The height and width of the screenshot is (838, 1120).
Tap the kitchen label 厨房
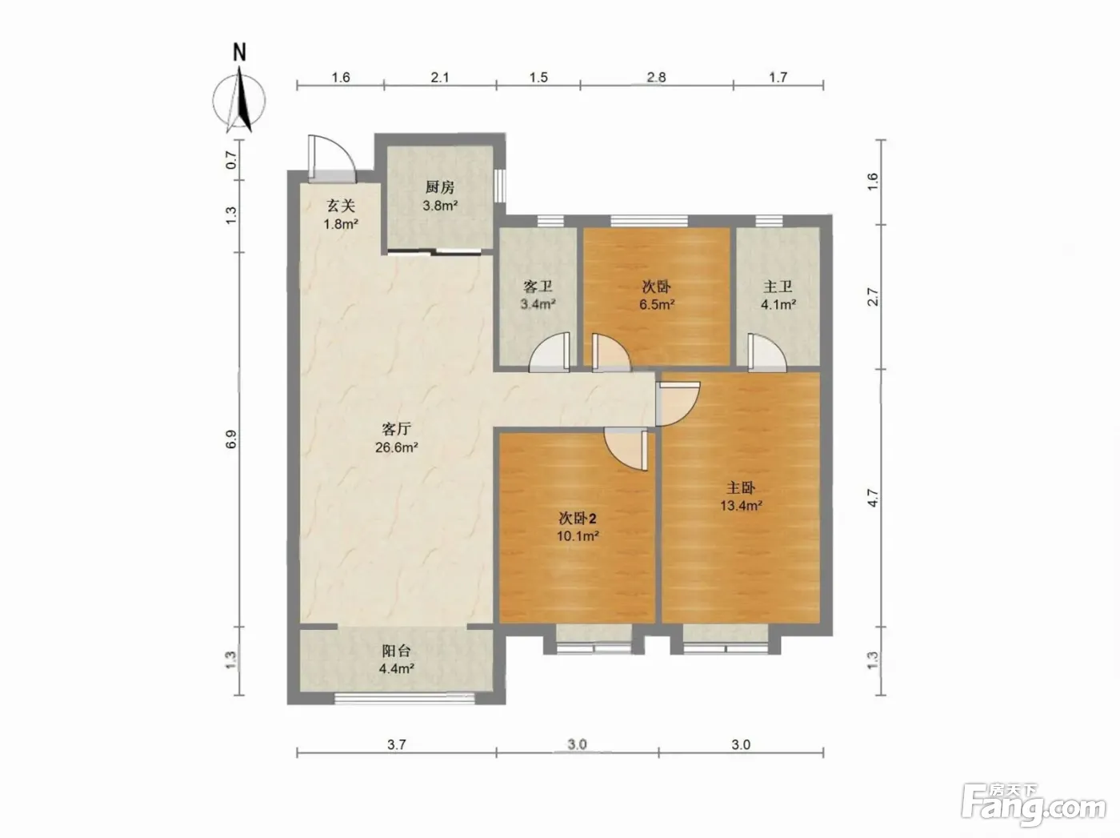[x=440, y=187]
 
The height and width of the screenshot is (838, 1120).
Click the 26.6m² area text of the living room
[x=397, y=447]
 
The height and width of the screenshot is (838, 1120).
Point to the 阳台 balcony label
[x=397, y=651]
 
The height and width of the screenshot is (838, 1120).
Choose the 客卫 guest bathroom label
[x=538, y=287]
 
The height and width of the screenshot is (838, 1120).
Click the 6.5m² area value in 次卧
[x=658, y=305]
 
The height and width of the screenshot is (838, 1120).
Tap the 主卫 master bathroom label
[x=778, y=287]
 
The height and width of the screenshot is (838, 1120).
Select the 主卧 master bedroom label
[x=740, y=488]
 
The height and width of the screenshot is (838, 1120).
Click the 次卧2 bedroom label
[x=578, y=519]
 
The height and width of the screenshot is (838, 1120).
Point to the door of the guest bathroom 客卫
[x=549, y=351]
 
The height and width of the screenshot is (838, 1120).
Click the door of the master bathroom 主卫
[x=767, y=352]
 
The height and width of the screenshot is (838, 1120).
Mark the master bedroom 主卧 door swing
[x=677, y=404]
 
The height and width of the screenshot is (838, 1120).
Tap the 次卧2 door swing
[x=626, y=449]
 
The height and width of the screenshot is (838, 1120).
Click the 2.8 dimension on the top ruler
[x=656, y=77]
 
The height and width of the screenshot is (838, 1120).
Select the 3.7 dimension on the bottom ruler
[x=397, y=744]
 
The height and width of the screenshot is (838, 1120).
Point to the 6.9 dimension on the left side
[x=231, y=439]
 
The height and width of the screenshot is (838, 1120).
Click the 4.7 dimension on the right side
[x=874, y=498]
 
